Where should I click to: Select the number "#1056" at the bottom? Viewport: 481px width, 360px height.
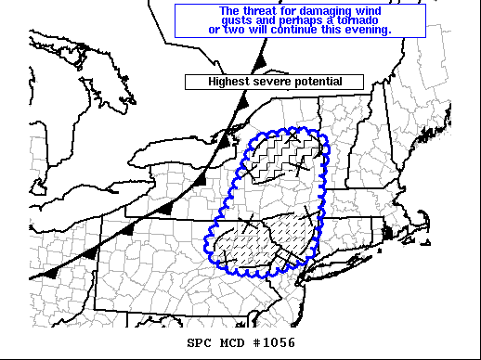click(x=271, y=346)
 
